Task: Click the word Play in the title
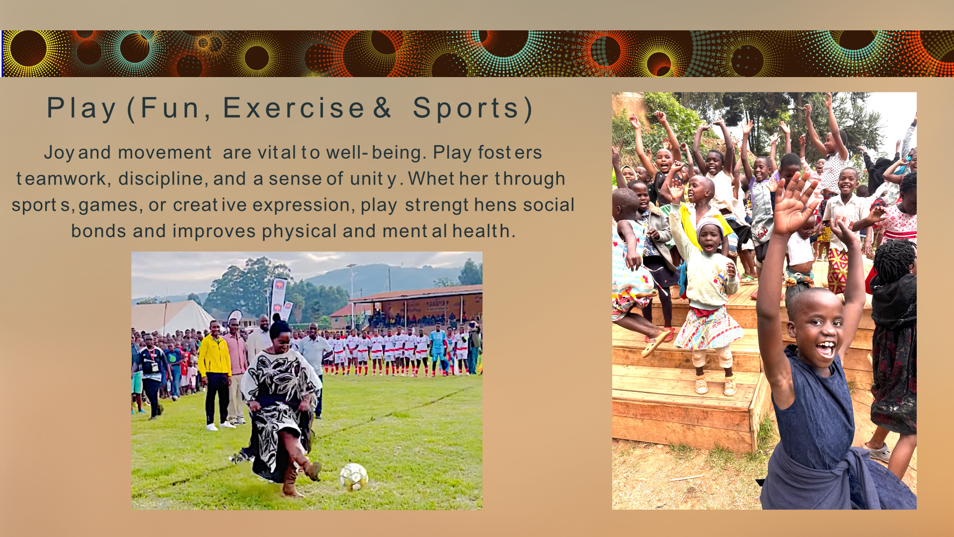(x=82, y=108)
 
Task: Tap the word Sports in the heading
(x=466, y=108)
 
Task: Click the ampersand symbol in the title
(x=382, y=108)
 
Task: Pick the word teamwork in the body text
(x=61, y=179)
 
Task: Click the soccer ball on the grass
(x=354, y=476)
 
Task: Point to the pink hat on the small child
(x=710, y=226)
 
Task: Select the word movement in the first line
(x=164, y=153)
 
